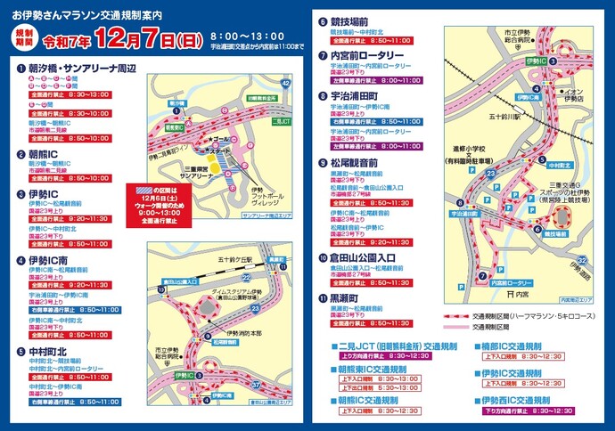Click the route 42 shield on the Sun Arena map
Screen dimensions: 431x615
(x=285, y=83)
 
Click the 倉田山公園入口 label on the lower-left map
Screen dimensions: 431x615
(x=175, y=280)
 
